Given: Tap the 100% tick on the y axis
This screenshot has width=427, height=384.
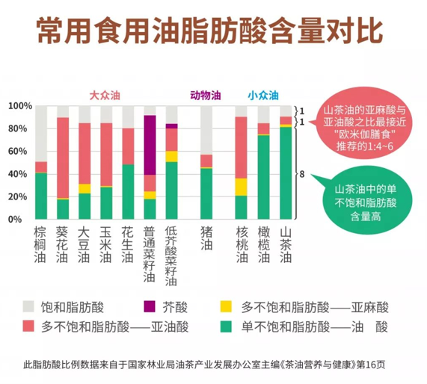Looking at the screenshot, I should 16,106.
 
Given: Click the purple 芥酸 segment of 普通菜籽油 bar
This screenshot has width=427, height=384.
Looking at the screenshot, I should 150,145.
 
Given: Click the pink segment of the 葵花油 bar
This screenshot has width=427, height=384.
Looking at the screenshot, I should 63,158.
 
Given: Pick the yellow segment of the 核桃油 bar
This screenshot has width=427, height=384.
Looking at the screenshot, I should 241,187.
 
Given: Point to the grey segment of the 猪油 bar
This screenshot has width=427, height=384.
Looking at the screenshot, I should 206,130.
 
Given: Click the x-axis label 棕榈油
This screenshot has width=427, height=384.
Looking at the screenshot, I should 40,247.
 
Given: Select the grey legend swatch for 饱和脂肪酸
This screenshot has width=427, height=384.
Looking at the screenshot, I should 29,306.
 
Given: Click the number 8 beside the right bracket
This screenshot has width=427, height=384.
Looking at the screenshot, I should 301,174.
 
